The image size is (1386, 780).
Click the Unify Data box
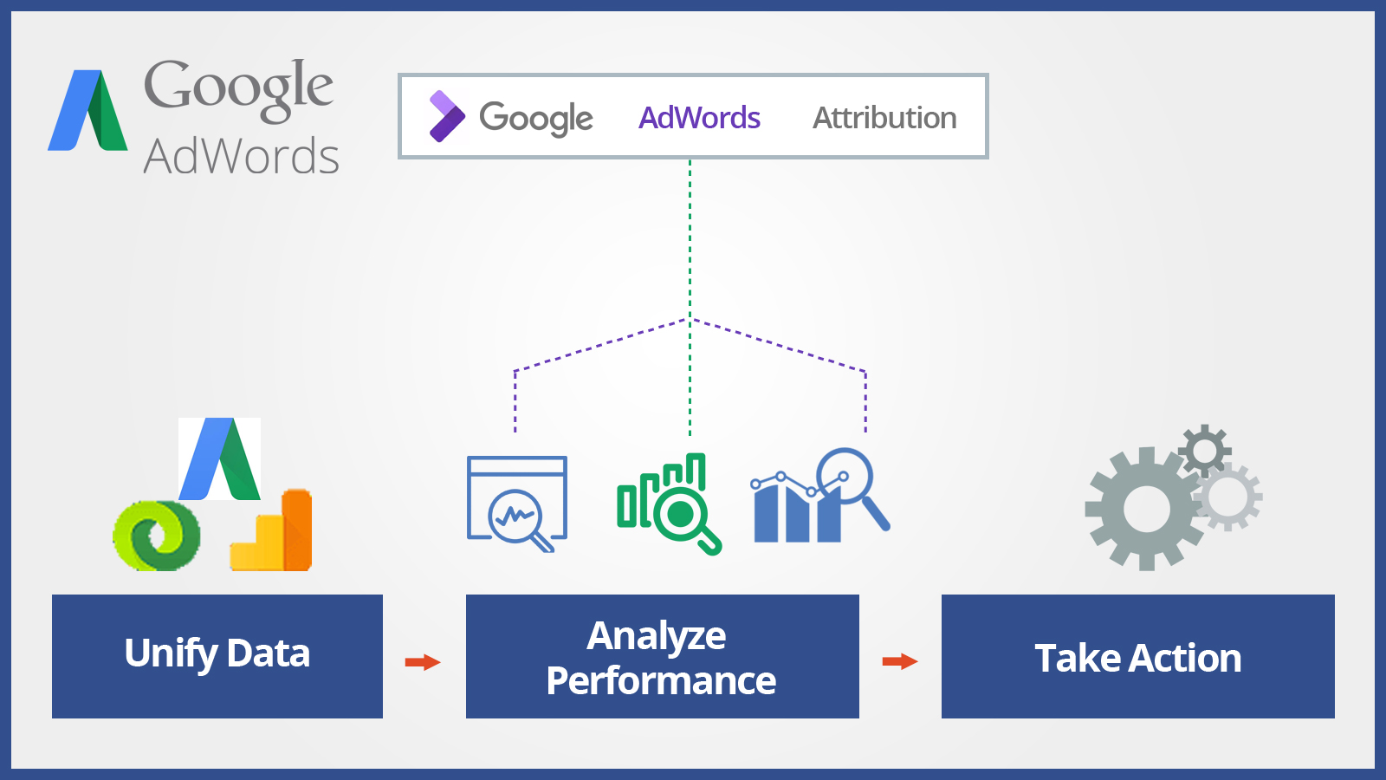[x=217, y=656]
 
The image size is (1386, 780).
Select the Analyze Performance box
[x=662, y=656]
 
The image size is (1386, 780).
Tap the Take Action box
[x=1138, y=656]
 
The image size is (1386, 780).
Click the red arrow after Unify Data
[x=423, y=662]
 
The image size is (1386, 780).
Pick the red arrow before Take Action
[x=900, y=662]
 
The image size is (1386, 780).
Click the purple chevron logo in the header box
[x=447, y=116]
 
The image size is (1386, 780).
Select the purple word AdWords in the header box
[x=699, y=118]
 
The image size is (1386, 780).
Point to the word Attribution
[x=884, y=118]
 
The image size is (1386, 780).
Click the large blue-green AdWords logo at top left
[x=87, y=110]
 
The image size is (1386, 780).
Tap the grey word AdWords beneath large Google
[x=242, y=156]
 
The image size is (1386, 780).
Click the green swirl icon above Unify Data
[x=157, y=536]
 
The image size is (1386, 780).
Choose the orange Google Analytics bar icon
[x=271, y=530]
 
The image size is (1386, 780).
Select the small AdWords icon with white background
[x=220, y=458]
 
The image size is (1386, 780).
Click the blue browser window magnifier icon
[x=517, y=504]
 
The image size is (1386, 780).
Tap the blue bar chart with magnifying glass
[x=820, y=495]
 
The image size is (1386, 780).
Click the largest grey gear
[x=1147, y=509]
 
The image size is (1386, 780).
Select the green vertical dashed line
[x=690, y=297]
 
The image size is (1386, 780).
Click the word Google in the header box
[x=536, y=118]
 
